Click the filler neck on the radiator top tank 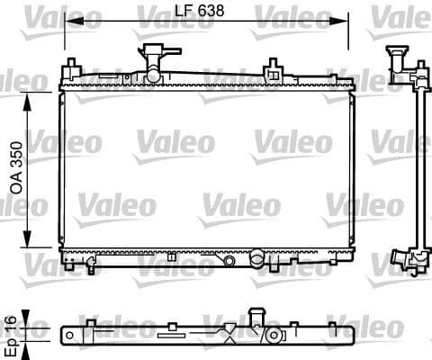[x=151, y=56]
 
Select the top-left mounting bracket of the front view [x=71, y=69]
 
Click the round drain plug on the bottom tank [x=230, y=260]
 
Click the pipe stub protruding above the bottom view [x=256, y=317]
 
